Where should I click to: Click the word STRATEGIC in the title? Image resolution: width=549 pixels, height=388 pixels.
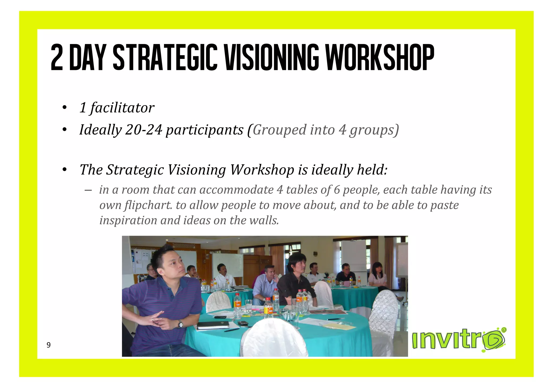pyautogui.click(x=165, y=58)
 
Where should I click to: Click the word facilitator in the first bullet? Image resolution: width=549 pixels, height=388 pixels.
pyautogui.click(x=122, y=108)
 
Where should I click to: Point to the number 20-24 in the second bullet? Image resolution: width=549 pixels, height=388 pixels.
pyautogui.click(x=144, y=130)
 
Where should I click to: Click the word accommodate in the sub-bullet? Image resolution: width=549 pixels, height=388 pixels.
pyautogui.click(x=236, y=190)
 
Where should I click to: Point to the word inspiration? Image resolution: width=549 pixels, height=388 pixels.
pyautogui.click(x=128, y=220)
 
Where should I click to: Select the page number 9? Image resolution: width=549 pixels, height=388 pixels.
pyautogui.click(x=49, y=345)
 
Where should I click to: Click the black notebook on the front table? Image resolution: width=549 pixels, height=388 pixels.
pyautogui.click(x=213, y=325)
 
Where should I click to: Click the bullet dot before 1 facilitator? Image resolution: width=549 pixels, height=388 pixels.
pyautogui.click(x=64, y=108)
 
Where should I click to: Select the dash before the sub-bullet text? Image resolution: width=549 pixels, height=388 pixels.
pyautogui.click(x=88, y=190)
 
